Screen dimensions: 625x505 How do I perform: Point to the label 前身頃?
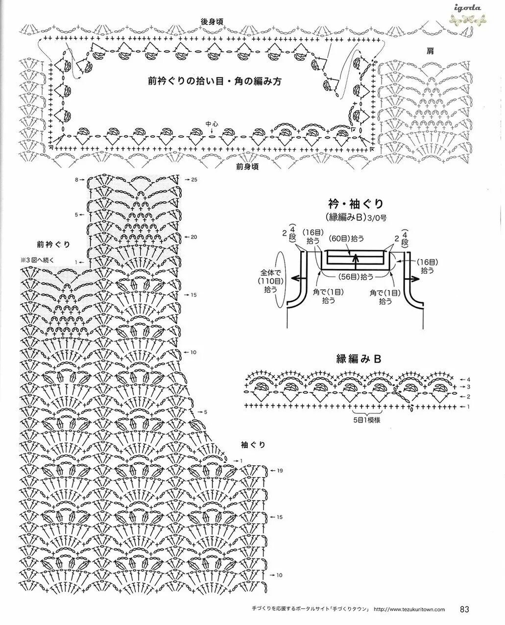247,167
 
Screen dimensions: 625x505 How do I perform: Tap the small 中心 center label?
212,124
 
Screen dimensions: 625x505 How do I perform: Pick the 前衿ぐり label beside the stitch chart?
53,243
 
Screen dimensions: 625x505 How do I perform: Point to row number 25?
194,180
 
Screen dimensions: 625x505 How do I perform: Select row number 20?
194,237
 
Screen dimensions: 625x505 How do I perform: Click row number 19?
280,471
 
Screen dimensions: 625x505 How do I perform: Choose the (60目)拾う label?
347,238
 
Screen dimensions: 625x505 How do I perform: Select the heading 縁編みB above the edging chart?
359,359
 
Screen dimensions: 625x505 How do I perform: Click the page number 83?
465,609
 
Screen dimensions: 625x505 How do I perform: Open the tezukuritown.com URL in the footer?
409,610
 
